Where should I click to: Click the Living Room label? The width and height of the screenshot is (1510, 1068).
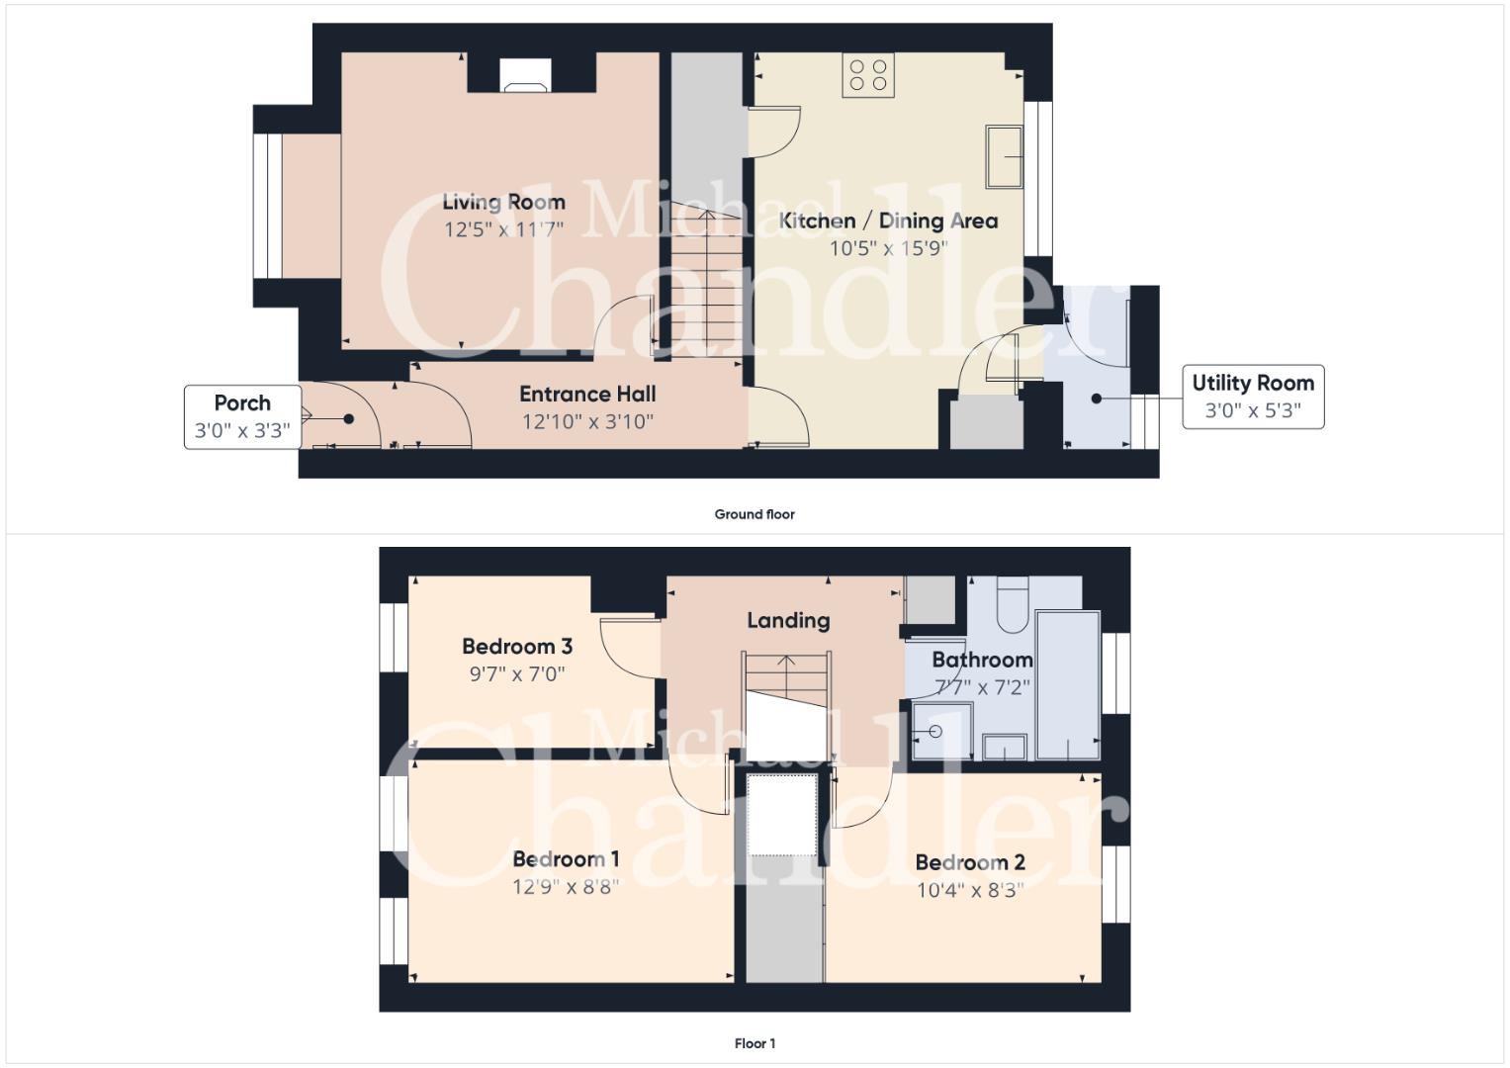point(503,203)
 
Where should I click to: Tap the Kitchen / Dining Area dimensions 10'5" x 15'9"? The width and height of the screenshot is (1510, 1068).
point(888,248)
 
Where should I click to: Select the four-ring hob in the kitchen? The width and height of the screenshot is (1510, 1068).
point(868,75)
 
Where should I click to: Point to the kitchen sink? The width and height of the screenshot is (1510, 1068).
point(1005,156)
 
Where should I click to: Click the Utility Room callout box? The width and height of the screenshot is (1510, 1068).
point(1253,397)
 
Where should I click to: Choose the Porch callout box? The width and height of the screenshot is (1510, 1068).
point(242,416)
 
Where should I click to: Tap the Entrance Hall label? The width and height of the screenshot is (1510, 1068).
point(587,394)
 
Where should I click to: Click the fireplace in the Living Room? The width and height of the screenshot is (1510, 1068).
point(526,75)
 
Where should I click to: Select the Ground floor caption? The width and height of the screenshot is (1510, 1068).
point(755,514)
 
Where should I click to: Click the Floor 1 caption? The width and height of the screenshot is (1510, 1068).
point(755,1043)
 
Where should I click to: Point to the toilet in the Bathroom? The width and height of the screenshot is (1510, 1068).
point(1013,604)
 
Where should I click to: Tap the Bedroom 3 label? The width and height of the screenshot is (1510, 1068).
point(517,646)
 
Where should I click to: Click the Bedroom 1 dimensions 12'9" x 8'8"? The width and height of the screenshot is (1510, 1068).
point(565,886)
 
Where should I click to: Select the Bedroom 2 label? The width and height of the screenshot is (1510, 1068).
point(970,862)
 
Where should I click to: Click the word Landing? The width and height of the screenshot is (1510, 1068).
point(788,620)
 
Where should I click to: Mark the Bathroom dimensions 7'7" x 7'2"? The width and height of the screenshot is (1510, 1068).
point(982,687)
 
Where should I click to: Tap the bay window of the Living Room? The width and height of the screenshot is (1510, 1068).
point(268,206)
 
